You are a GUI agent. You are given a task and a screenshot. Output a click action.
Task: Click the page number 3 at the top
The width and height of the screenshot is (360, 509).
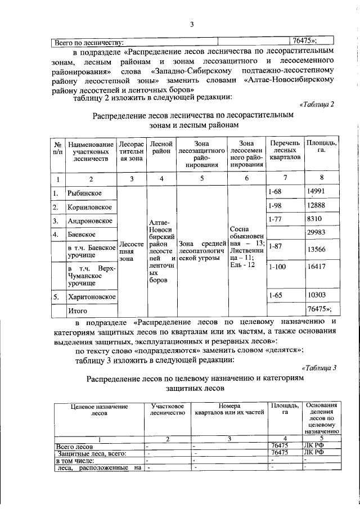[x=191, y=24]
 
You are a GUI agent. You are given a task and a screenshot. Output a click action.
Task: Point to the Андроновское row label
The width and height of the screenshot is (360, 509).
[x=90, y=221]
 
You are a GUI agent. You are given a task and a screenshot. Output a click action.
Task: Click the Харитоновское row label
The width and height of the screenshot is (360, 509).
[x=92, y=296]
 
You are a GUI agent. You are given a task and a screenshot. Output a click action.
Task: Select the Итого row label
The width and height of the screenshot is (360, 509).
[x=78, y=310]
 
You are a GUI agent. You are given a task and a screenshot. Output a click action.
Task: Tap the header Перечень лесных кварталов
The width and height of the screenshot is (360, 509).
[x=283, y=150]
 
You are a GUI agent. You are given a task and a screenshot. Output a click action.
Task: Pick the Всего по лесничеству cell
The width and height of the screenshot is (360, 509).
[x=88, y=41]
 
